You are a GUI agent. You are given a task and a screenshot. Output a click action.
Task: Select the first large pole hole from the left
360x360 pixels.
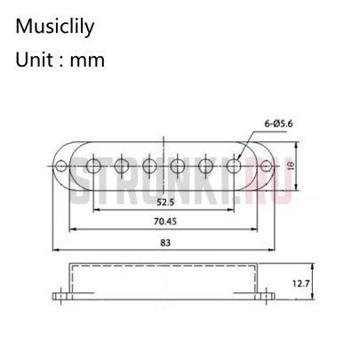[x=94, y=165]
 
